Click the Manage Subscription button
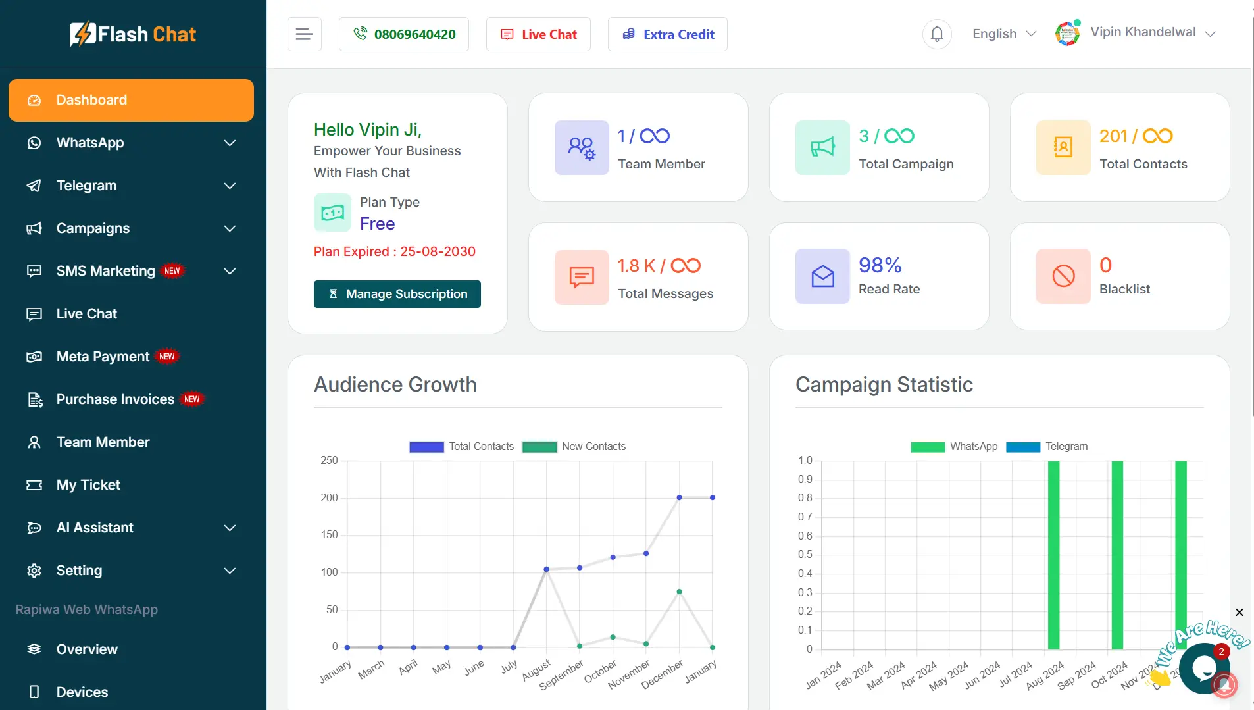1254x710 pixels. (x=397, y=294)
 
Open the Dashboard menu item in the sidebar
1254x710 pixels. (x=131, y=100)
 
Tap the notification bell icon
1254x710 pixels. (x=937, y=34)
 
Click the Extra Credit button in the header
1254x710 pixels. (x=667, y=34)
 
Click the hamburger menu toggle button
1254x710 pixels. (x=304, y=34)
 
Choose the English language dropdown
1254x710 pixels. (x=1004, y=34)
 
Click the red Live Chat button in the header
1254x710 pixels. (x=538, y=34)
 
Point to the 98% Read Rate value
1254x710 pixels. (x=880, y=265)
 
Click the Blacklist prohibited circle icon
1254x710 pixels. (x=1063, y=276)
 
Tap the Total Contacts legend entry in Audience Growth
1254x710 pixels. (x=461, y=447)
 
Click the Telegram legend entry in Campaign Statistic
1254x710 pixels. (x=1047, y=447)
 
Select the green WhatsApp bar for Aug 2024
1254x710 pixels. (x=1053, y=554)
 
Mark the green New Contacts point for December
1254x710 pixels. (x=679, y=592)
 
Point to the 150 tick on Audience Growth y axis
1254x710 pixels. (x=330, y=535)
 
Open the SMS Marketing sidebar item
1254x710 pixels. (x=106, y=271)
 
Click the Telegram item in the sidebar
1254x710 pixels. (x=86, y=186)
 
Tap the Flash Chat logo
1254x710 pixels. (x=133, y=34)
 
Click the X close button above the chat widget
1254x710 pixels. (x=1239, y=613)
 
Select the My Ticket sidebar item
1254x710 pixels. (x=88, y=485)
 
